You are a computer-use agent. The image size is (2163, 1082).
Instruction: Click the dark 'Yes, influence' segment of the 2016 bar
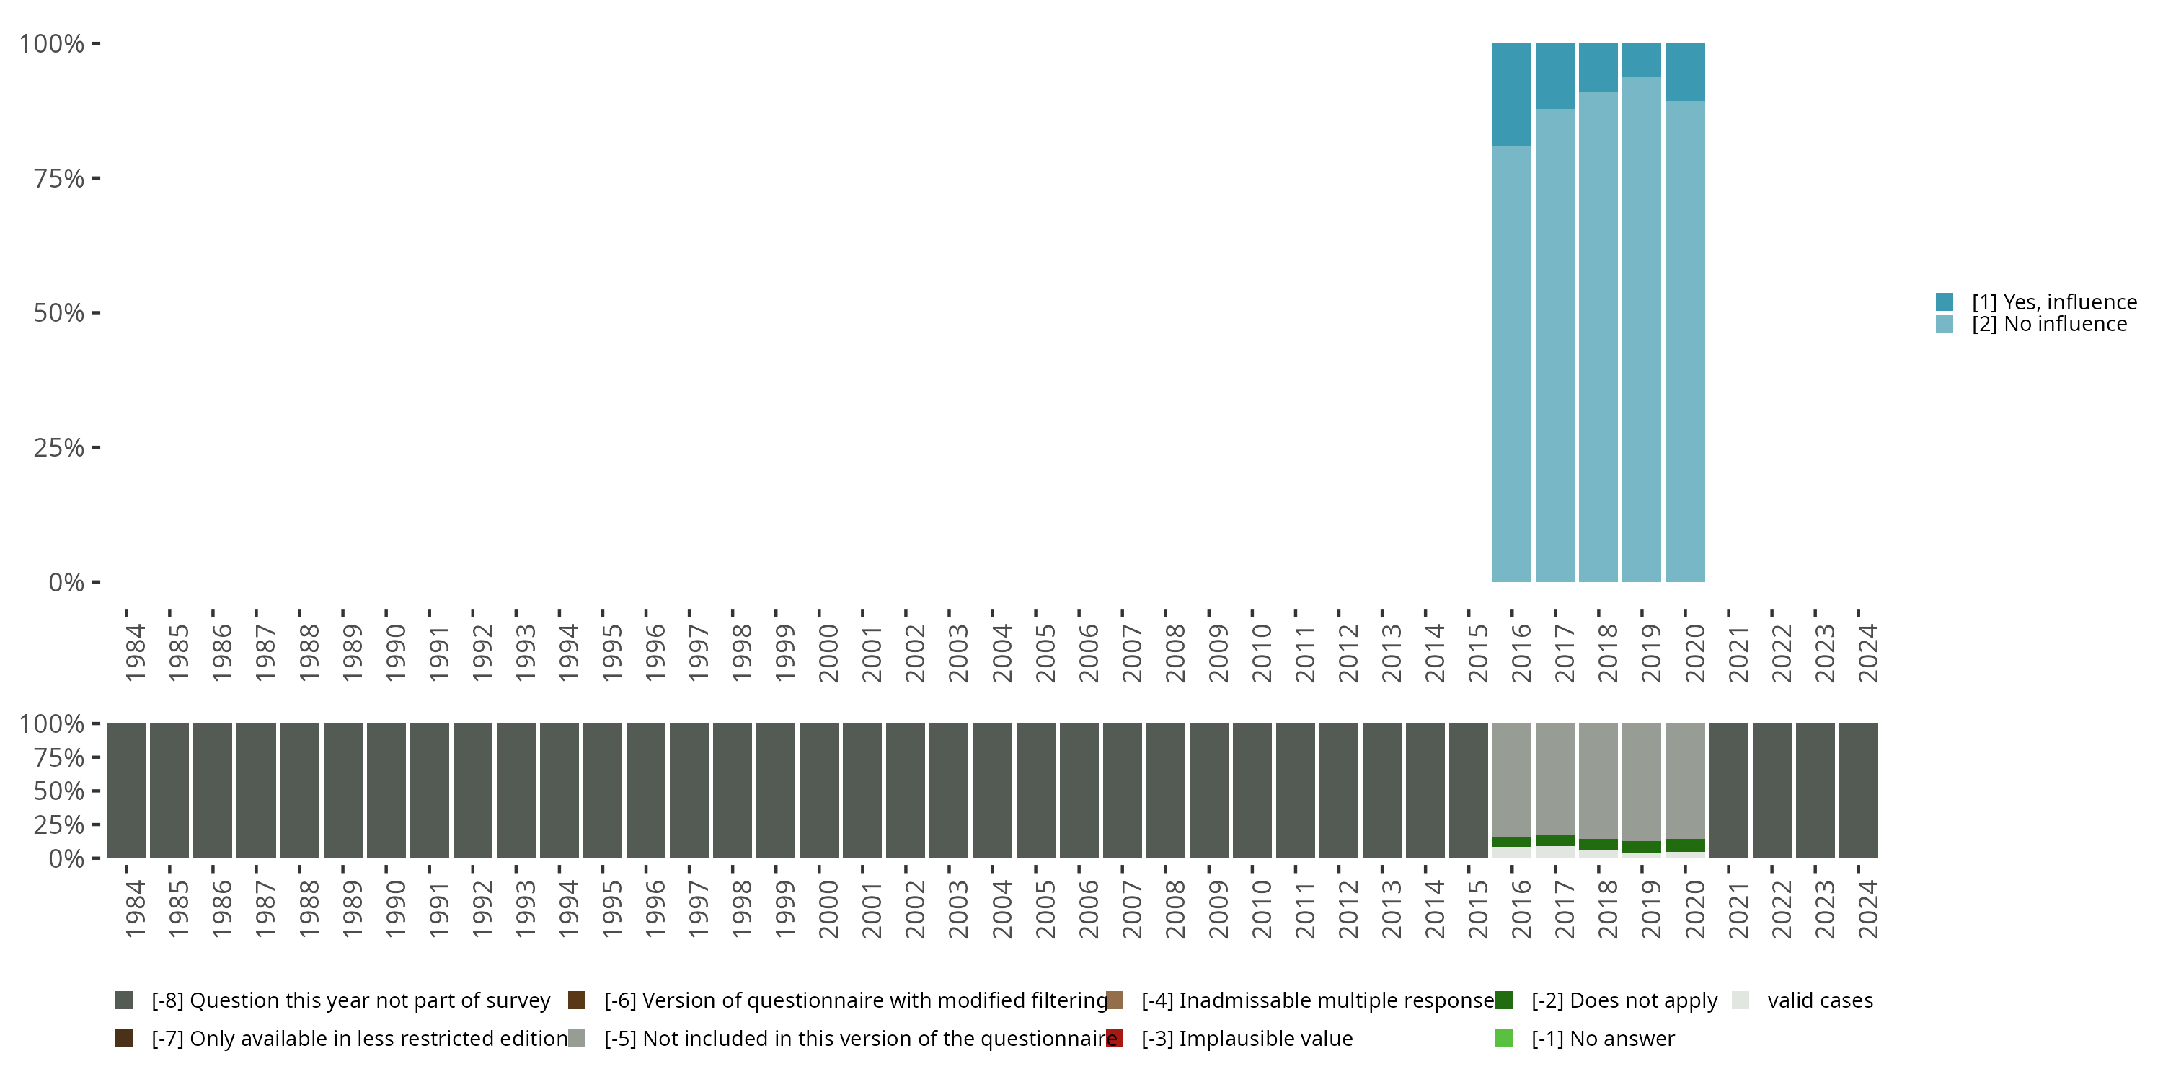[x=1511, y=94]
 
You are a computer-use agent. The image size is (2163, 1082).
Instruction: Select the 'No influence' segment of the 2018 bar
[x=1598, y=336]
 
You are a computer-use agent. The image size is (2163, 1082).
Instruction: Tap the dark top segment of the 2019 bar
[x=1642, y=60]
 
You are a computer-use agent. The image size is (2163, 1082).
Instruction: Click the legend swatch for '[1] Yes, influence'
[x=1945, y=302]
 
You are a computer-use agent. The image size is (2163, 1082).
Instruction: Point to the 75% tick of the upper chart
[x=96, y=178]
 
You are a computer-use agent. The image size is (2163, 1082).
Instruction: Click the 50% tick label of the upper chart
[x=59, y=313]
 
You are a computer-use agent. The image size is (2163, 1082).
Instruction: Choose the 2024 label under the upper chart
[x=1867, y=653]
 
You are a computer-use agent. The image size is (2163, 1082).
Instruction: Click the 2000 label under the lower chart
[x=828, y=909]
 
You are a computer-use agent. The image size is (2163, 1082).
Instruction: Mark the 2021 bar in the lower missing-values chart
[x=1729, y=790]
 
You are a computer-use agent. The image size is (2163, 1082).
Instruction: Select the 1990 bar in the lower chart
[x=386, y=790]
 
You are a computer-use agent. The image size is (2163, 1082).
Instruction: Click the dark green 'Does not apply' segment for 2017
[x=1555, y=841]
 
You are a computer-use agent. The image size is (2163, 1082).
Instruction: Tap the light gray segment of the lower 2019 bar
[x=1642, y=781]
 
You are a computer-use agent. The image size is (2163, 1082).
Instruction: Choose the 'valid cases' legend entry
[x=1820, y=1000]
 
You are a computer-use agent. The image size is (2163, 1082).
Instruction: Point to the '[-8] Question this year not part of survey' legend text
[x=350, y=1000]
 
